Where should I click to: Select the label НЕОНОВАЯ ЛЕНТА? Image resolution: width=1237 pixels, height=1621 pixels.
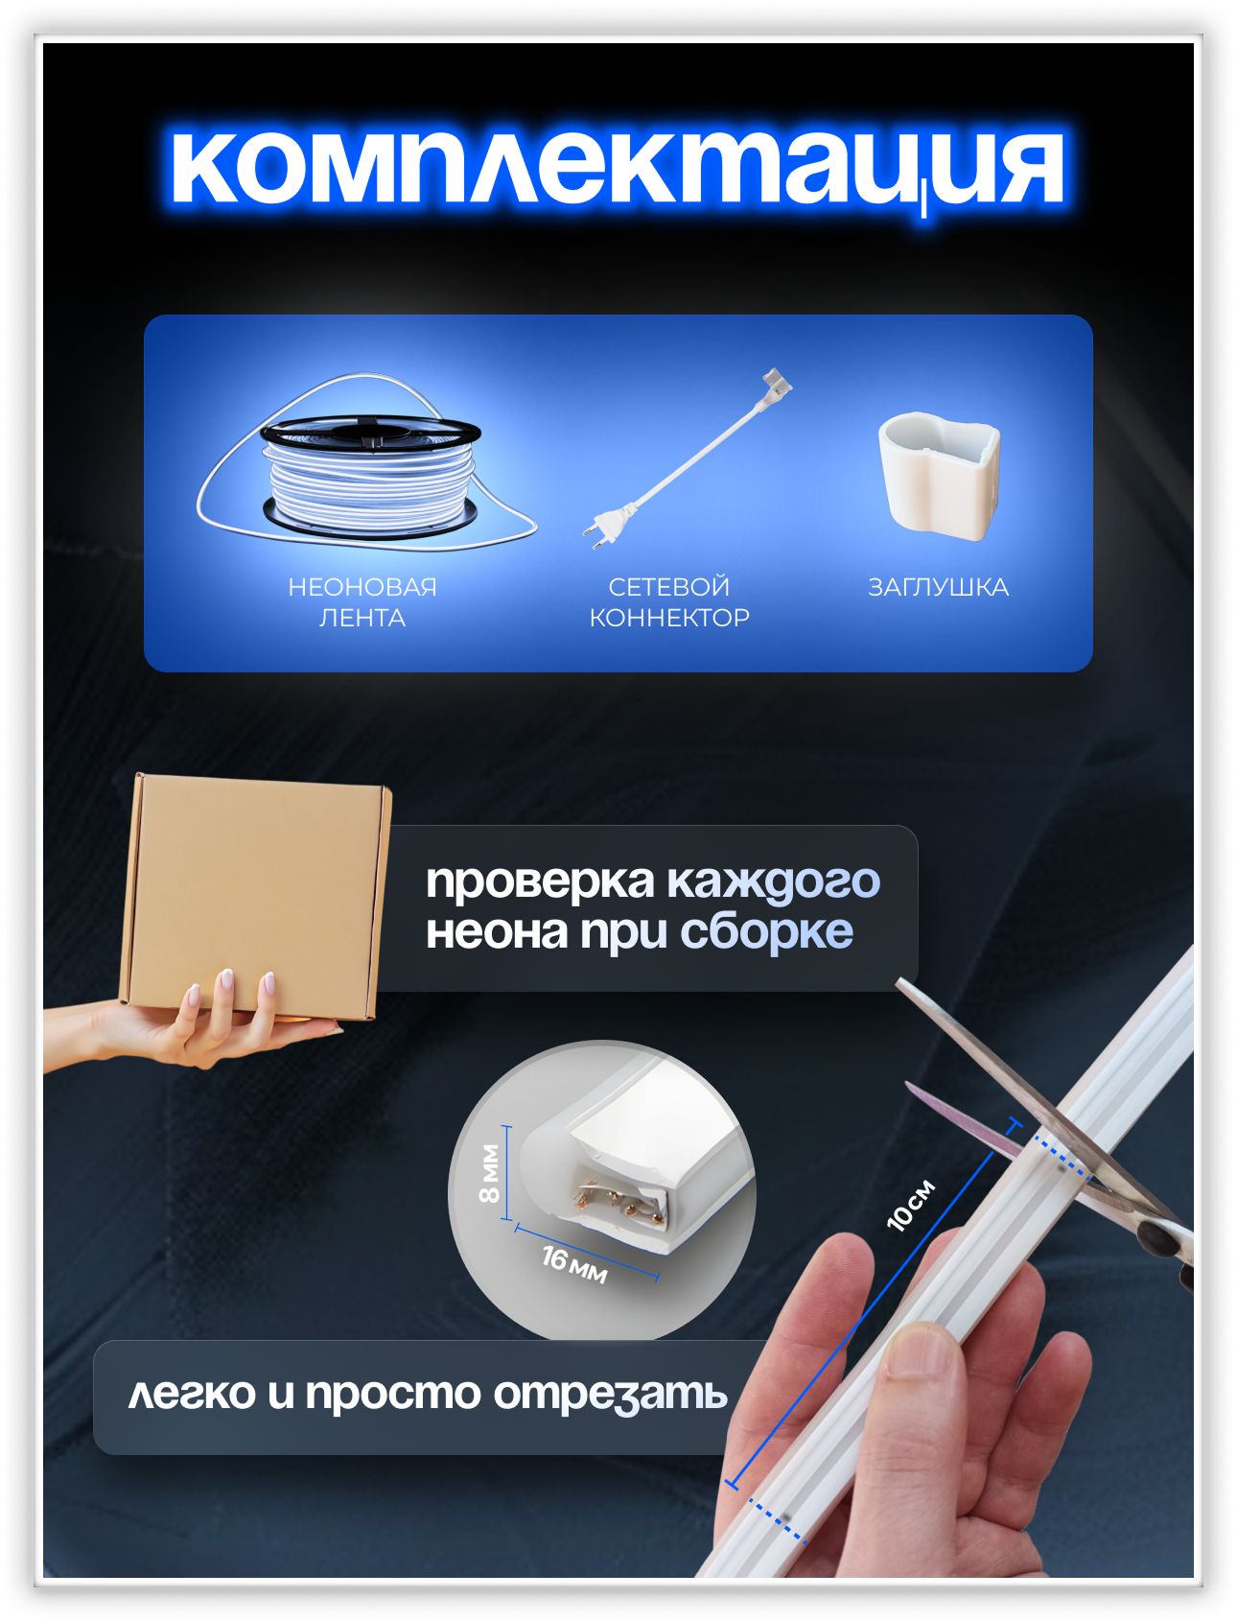pyautogui.click(x=362, y=601)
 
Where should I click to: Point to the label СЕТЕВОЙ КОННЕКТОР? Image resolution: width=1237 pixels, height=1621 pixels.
pyautogui.click(x=669, y=601)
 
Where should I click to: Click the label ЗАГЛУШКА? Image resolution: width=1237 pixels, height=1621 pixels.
pyautogui.click(x=939, y=587)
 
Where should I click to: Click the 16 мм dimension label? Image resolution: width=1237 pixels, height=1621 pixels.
pyautogui.click(x=574, y=1264)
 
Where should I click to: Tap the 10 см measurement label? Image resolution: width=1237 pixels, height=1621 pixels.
pyautogui.click(x=910, y=1205)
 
